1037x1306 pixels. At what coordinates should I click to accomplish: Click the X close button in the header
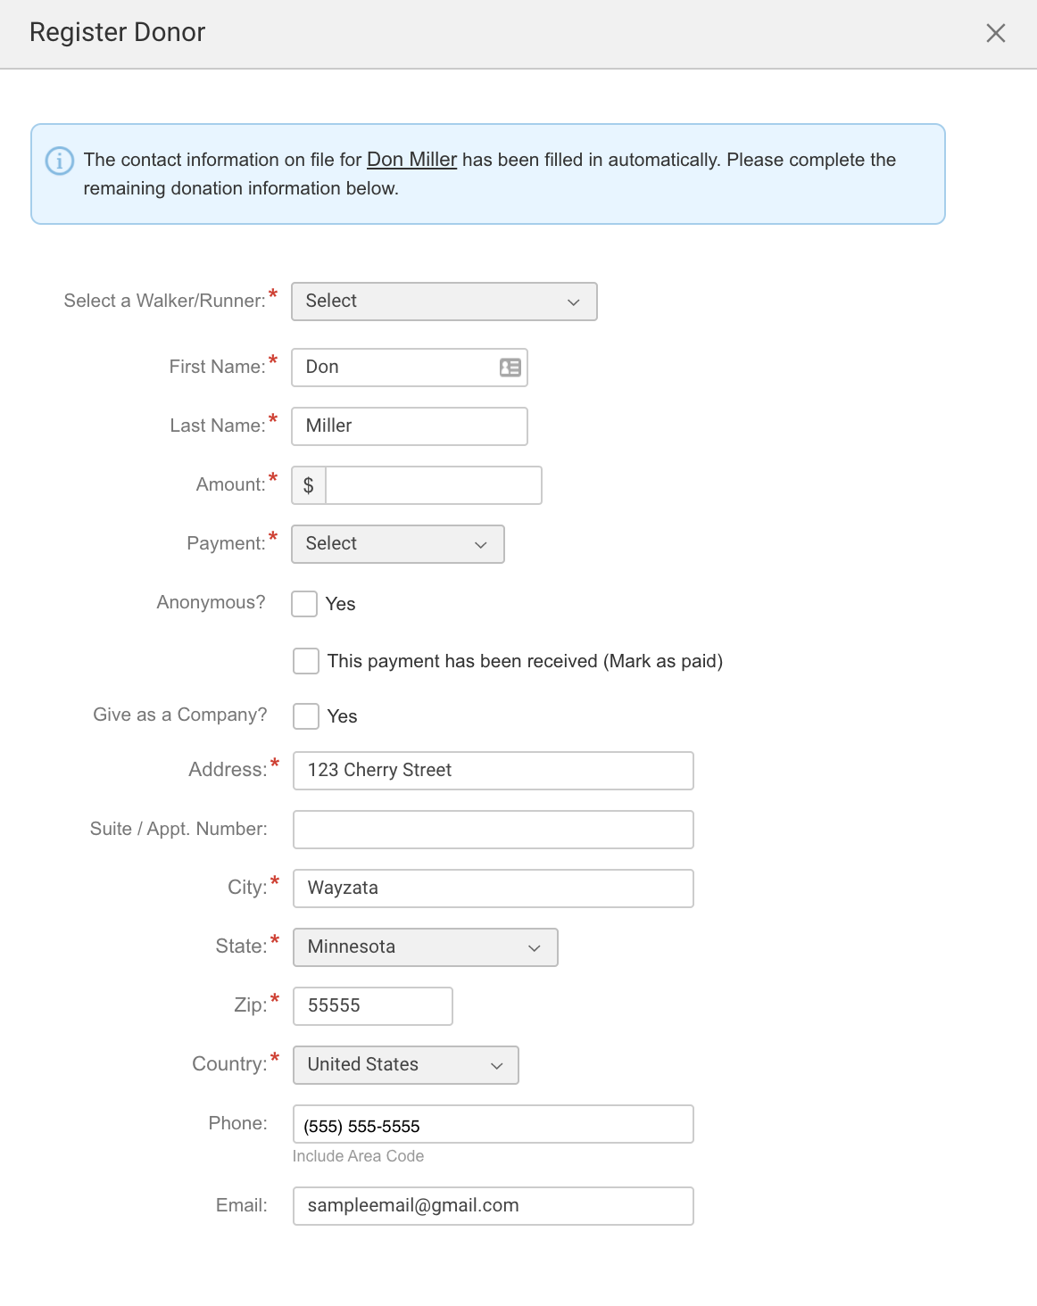(995, 34)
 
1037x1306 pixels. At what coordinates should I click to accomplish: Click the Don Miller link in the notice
(411, 160)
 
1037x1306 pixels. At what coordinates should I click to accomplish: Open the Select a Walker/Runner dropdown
(444, 302)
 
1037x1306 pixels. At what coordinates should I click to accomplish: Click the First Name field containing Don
(397, 368)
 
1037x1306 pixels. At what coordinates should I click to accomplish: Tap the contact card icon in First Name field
(510, 368)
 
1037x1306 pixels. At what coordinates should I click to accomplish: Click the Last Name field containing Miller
(409, 426)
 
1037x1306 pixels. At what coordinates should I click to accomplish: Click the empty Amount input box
(433, 485)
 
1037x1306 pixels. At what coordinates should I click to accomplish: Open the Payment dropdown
(397, 544)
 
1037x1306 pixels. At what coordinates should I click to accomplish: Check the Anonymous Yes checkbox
(304, 604)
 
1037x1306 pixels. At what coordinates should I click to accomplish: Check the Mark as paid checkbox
(306, 661)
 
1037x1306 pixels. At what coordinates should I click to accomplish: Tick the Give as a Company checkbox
(306, 716)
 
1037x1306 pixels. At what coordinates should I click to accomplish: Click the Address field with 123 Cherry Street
(493, 771)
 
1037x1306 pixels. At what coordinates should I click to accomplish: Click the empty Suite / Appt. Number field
(493, 830)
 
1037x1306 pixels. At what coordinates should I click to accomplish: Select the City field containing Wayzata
(493, 889)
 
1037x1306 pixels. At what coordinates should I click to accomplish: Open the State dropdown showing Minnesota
(425, 947)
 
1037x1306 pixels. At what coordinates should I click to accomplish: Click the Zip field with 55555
(372, 1006)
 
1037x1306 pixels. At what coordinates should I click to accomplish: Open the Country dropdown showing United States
(405, 1065)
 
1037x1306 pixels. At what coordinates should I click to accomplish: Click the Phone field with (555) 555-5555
(493, 1124)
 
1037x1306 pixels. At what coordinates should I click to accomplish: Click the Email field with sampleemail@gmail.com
(493, 1206)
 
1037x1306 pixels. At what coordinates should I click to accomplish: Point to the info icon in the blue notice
(60, 161)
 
